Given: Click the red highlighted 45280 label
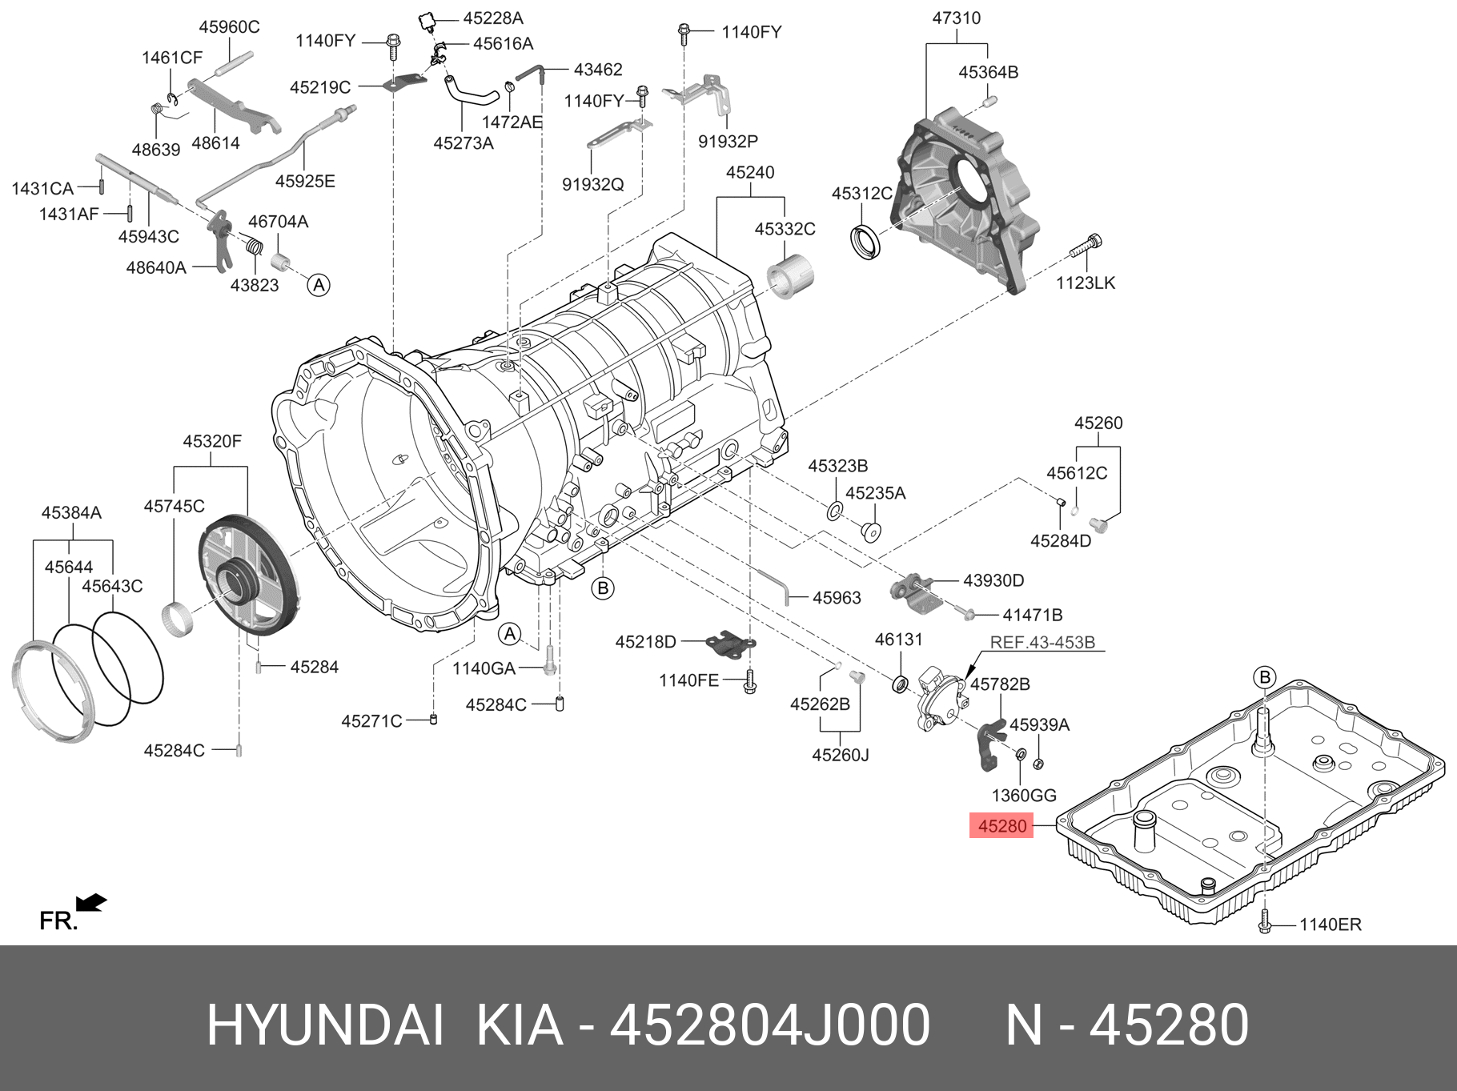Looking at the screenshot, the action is (x=1001, y=826).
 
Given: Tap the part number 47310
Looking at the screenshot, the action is (x=956, y=18).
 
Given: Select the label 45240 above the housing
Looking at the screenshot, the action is (x=750, y=172).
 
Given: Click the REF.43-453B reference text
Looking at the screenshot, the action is (x=1042, y=642).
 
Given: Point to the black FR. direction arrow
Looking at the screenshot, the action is (x=91, y=903).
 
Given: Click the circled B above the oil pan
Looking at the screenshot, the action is (x=1265, y=677).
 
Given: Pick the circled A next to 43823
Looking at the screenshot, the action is (x=319, y=285).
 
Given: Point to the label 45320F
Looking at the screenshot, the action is (x=211, y=441).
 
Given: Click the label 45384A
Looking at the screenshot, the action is (x=71, y=512).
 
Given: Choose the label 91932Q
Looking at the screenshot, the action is (x=592, y=184).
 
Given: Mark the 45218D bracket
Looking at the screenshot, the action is (x=730, y=643).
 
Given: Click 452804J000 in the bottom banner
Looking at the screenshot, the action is (x=769, y=1025).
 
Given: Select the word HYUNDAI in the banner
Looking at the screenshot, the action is (x=325, y=1025).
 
